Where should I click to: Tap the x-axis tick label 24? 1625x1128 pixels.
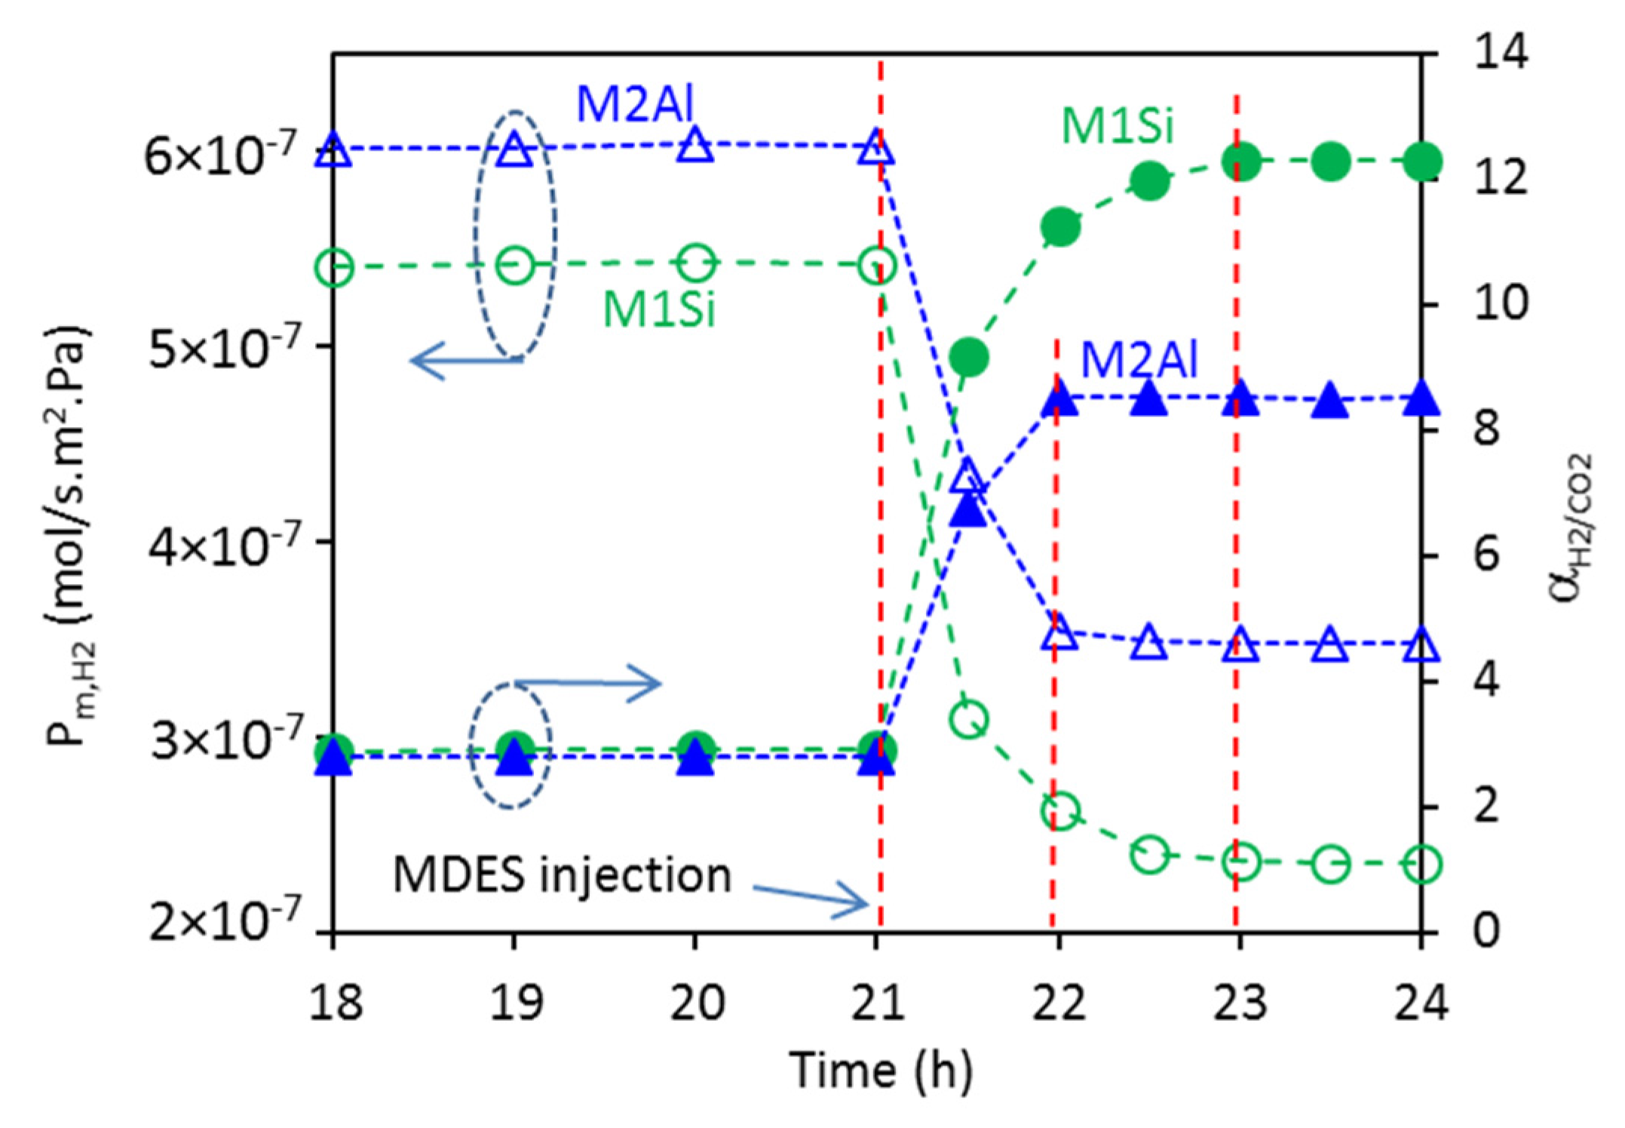[1421, 1004]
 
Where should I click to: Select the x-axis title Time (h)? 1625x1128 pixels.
[881, 1071]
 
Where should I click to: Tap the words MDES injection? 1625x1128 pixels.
[562, 875]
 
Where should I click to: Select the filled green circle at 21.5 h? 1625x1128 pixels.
[968, 356]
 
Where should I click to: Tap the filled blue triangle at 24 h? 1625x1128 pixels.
[1421, 400]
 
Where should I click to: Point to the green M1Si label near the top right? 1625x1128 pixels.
[1118, 126]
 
